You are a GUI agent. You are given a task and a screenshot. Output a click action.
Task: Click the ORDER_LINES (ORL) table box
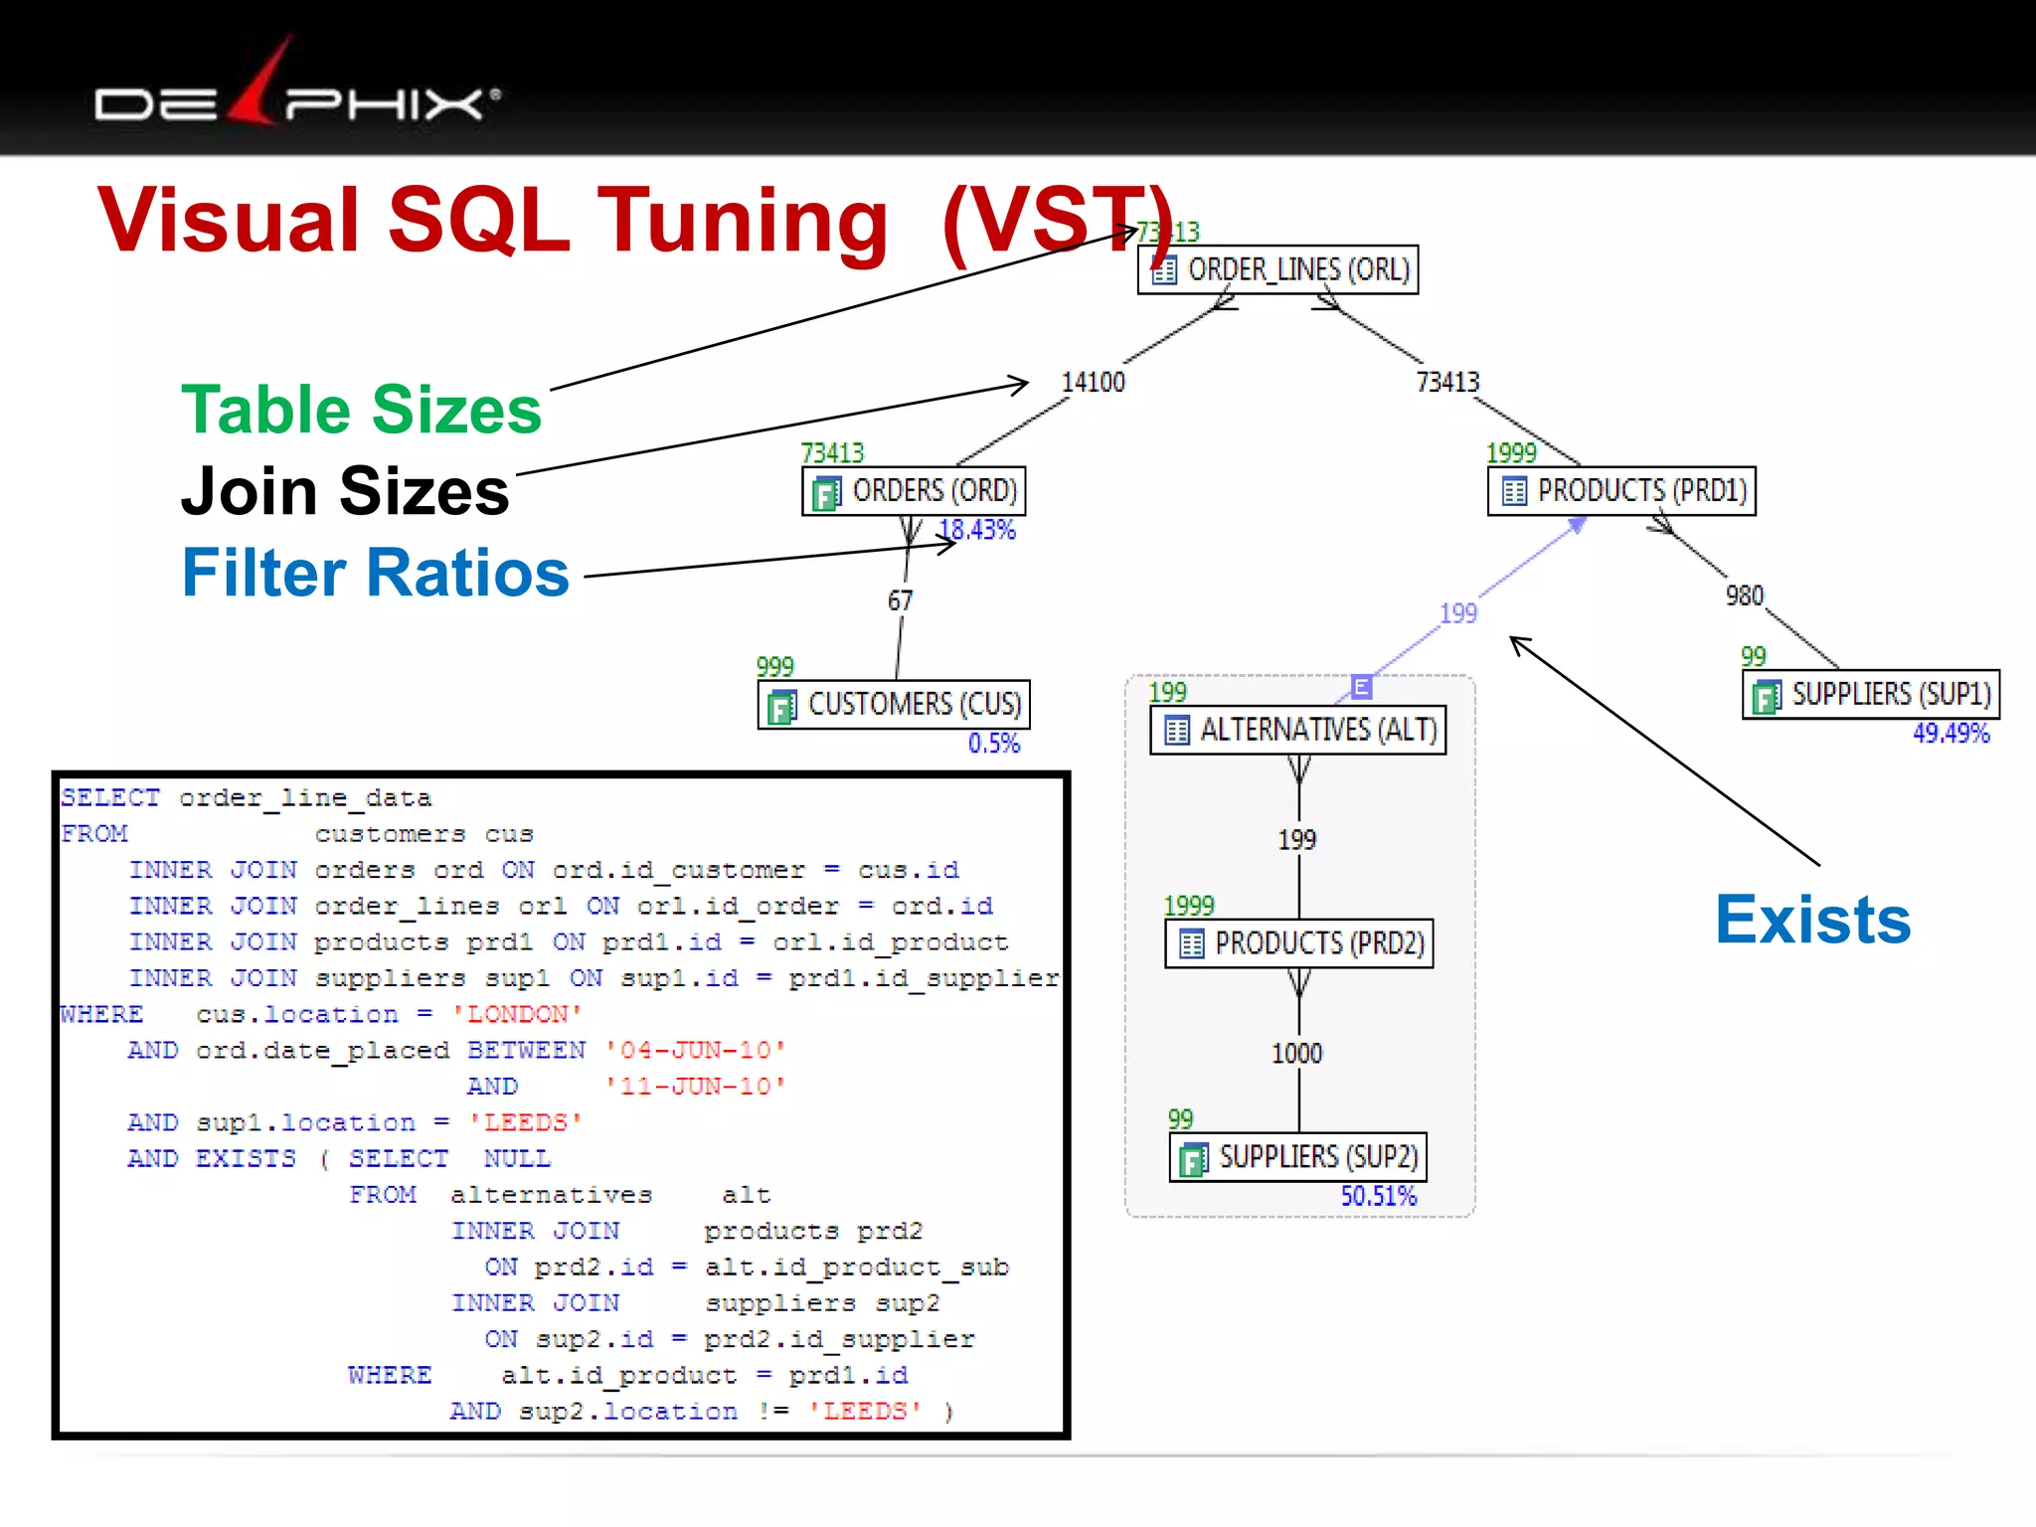(x=1277, y=269)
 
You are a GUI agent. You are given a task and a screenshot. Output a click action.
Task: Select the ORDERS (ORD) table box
(x=914, y=491)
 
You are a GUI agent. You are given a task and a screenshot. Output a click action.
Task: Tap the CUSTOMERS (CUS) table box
(x=894, y=704)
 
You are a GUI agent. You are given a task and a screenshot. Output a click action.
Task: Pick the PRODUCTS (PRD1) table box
(x=1621, y=491)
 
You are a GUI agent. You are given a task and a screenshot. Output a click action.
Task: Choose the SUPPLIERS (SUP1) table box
(x=1871, y=694)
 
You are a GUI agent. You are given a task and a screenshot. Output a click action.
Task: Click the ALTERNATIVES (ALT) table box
(x=1298, y=730)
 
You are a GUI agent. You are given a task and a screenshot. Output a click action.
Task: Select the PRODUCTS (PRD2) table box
(x=1299, y=942)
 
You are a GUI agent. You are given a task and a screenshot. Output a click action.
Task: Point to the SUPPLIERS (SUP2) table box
(x=1298, y=1156)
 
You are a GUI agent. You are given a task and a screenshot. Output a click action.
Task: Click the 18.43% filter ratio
(x=978, y=530)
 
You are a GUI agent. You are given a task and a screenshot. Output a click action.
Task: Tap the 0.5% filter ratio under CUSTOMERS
(x=994, y=744)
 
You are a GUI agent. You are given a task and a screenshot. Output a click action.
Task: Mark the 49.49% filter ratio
(x=1951, y=734)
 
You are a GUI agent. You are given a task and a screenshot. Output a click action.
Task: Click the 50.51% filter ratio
(x=1378, y=1196)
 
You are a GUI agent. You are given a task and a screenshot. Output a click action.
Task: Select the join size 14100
(x=1093, y=383)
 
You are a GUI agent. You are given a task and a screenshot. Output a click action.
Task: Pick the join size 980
(x=1744, y=595)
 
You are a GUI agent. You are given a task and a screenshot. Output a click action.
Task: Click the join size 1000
(x=1296, y=1054)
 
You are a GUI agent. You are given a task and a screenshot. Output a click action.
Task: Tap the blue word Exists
(x=1812, y=920)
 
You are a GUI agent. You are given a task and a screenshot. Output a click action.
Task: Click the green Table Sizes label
(x=361, y=410)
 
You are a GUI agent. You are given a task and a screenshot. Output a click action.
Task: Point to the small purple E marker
(x=1361, y=686)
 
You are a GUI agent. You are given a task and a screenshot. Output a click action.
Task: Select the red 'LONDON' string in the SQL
(x=517, y=1014)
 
